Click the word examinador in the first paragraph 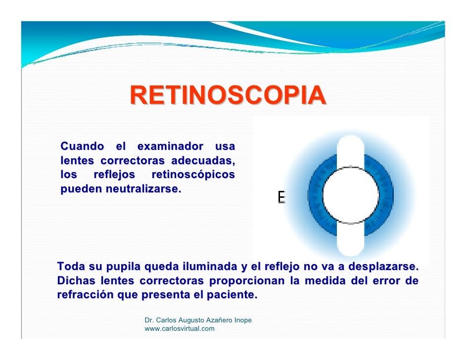pyautogui.click(x=170, y=147)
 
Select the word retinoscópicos pyautogui.click(x=193, y=175)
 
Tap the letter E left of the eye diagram pyautogui.click(x=281, y=198)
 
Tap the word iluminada pyautogui.click(x=203, y=267)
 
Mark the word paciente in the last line pyautogui.click(x=232, y=296)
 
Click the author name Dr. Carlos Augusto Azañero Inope pyautogui.click(x=198, y=320)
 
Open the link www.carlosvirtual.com pyautogui.click(x=179, y=329)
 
